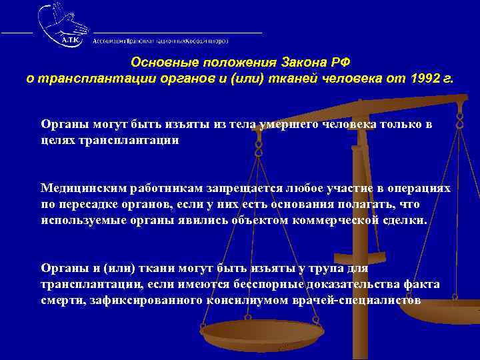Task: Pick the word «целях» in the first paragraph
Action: [59, 141]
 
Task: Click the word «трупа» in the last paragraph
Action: [325, 268]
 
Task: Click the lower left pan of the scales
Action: [262, 333]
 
